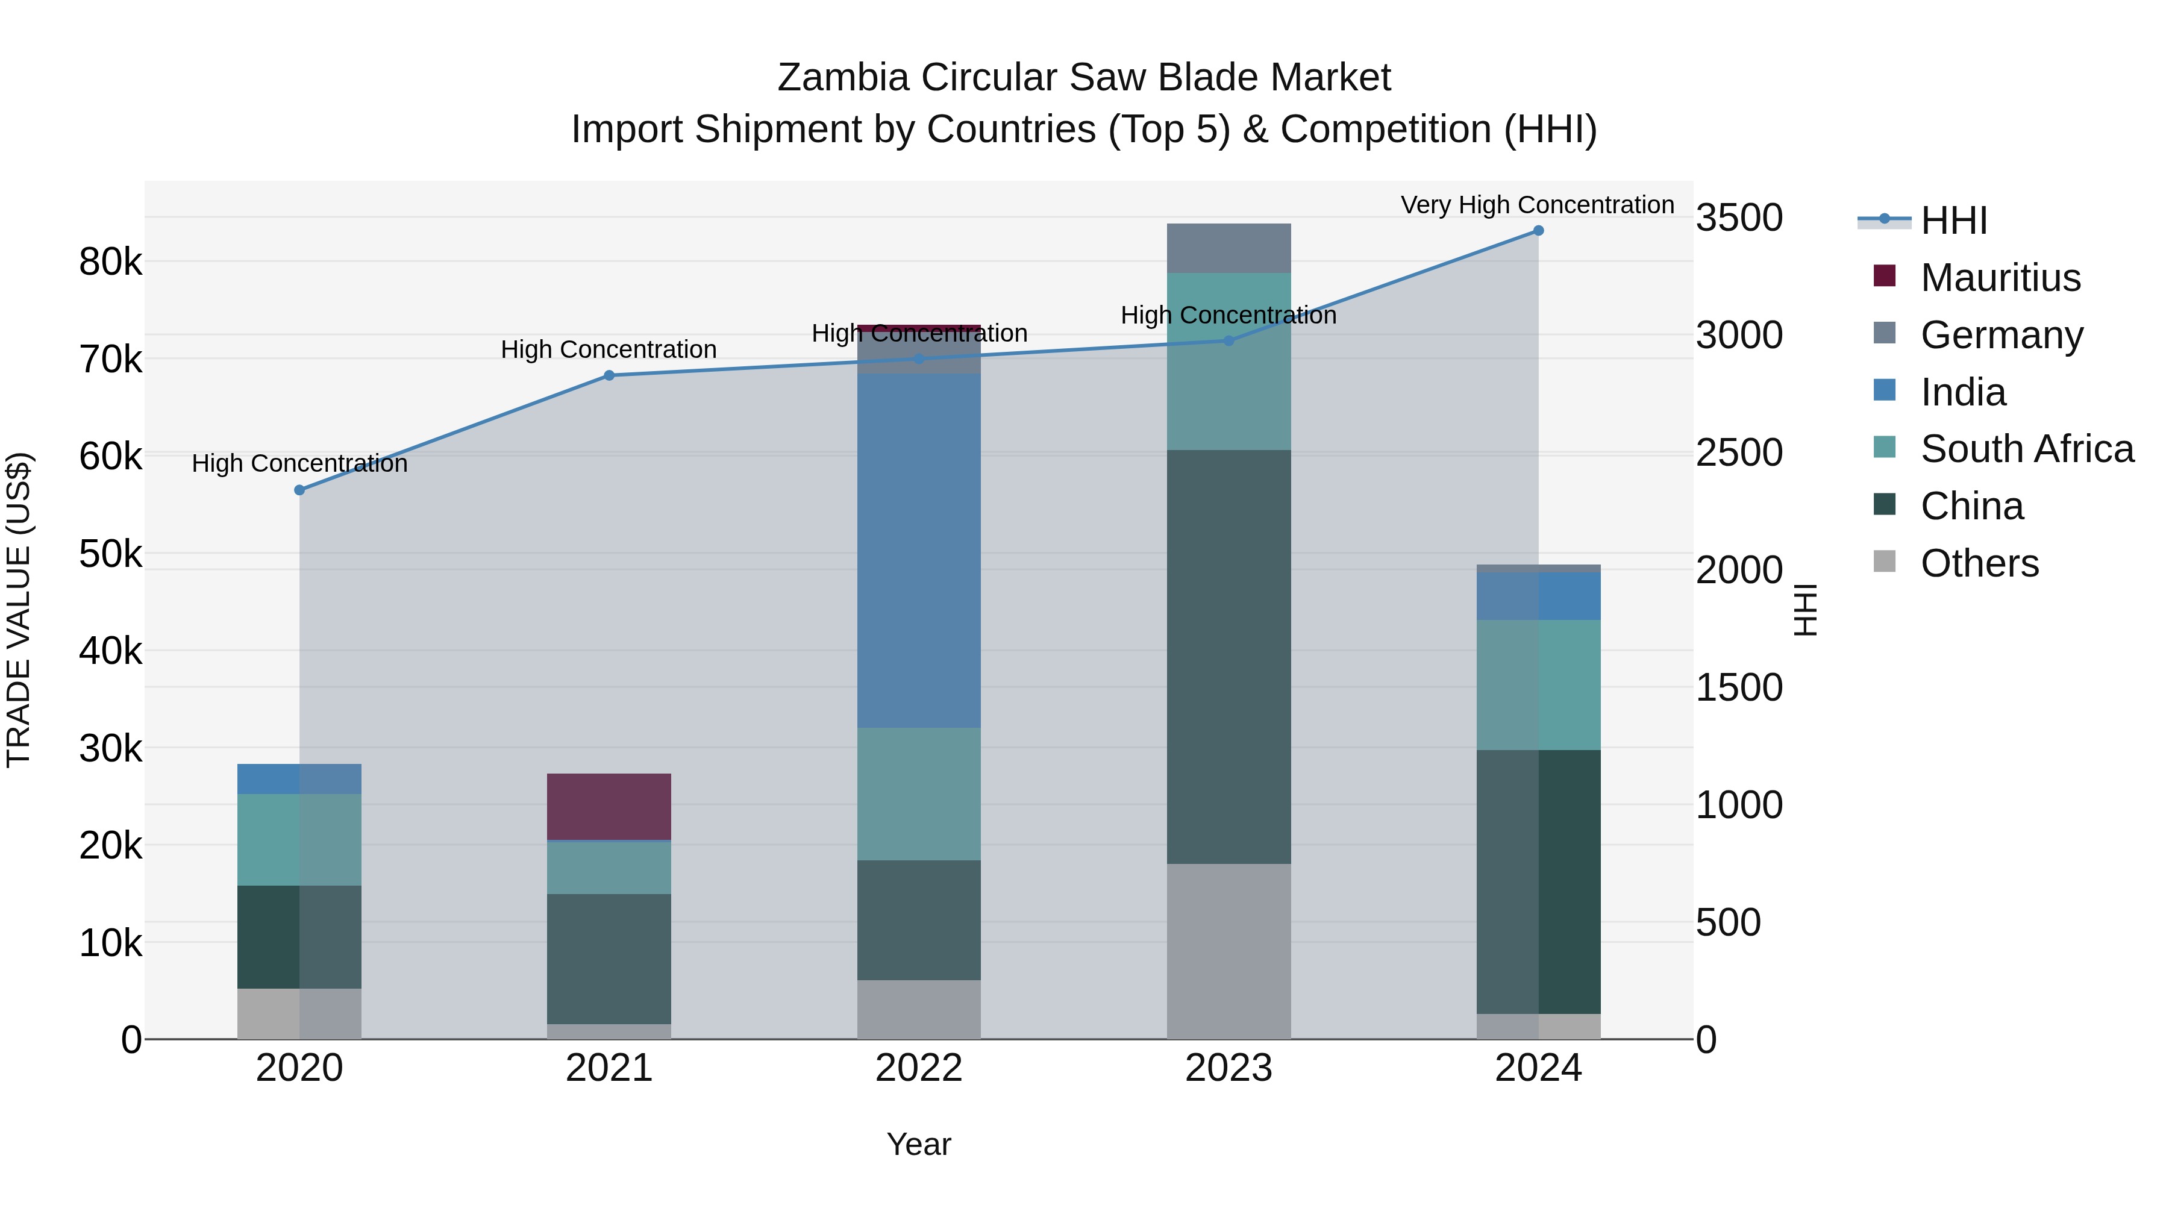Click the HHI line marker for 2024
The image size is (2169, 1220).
click(x=1538, y=231)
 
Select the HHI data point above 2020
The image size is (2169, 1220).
click(x=300, y=490)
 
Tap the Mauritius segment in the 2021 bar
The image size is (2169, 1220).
click(x=609, y=806)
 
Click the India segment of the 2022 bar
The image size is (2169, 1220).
click(x=919, y=550)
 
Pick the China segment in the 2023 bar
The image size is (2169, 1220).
click(x=1228, y=657)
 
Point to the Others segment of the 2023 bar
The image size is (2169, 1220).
click(x=1228, y=951)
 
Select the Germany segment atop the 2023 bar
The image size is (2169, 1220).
click(x=1228, y=248)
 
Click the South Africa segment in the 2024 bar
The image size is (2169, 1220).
click(x=1538, y=684)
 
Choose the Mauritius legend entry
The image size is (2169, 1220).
click(x=2000, y=278)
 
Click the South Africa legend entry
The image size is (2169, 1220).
click(x=2027, y=449)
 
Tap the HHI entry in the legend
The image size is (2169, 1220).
click(x=1953, y=221)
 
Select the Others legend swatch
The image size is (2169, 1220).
click(x=1885, y=563)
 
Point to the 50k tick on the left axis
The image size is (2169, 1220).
click(x=111, y=554)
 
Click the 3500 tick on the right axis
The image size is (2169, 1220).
click(x=1739, y=218)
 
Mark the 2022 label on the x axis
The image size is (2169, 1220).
click(x=919, y=1068)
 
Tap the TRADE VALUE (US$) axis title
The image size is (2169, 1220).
click(x=19, y=610)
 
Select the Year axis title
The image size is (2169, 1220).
click(x=919, y=1144)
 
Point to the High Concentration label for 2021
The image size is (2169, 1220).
click(x=609, y=349)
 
